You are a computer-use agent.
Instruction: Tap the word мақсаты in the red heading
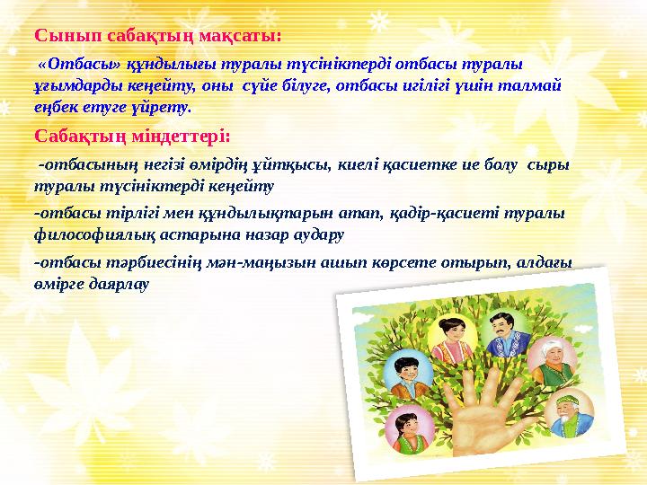coord(241,35)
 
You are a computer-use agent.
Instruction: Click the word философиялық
coord(95,235)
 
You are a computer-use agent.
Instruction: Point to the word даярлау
coord(120,285)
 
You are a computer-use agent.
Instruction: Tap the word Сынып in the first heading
coord(68,36)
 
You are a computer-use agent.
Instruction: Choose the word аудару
coord(318,235)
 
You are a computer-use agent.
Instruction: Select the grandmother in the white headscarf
coord(552,362)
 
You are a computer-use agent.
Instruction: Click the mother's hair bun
coord(443,323)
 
